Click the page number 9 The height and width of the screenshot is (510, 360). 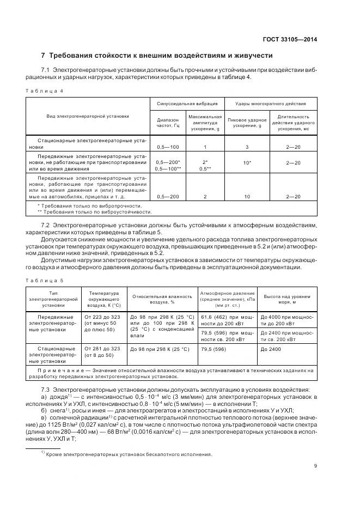coord(316,465)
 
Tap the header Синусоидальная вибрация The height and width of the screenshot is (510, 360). coord(187,103)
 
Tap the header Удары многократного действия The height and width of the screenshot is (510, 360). coord(270,103)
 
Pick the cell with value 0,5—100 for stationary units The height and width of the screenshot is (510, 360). coord(168,147)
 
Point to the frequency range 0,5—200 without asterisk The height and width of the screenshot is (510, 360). coord(168,196)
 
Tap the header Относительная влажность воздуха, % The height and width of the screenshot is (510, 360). coord(161,299)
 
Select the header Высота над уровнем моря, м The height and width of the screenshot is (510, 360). coord(286,299)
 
